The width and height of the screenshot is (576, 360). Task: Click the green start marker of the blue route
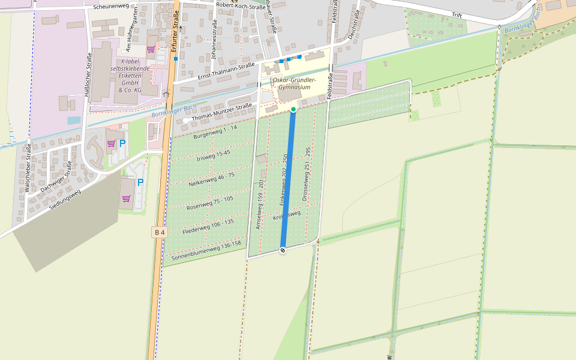pos(293,109)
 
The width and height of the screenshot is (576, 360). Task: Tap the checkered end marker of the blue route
pos(283,250)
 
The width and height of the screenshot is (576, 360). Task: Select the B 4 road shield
pos(158,232)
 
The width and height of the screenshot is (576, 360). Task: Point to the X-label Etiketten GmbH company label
pos(131,76)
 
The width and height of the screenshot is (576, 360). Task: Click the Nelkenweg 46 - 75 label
pos(211,178)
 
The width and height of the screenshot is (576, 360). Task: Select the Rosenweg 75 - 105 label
pos(209,203)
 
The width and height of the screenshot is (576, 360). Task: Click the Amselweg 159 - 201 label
pos(260,204)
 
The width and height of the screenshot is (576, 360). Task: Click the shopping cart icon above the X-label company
pos(151,49)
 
